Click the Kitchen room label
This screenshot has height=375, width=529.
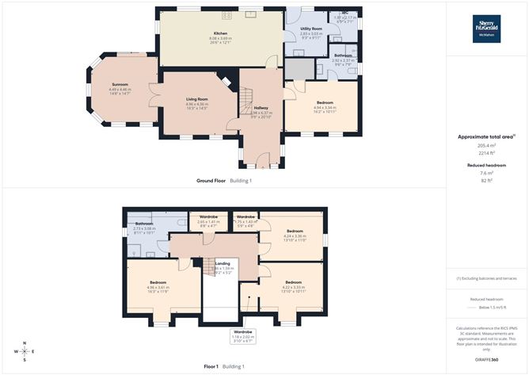(219, 34)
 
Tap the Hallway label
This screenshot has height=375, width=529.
(261, 108)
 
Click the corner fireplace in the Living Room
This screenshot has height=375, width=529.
(228, 80)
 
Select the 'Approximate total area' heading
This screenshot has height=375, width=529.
(486, 136)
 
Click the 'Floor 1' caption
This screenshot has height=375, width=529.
(211, 366)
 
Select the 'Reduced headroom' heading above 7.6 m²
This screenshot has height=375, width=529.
(486, 165)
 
